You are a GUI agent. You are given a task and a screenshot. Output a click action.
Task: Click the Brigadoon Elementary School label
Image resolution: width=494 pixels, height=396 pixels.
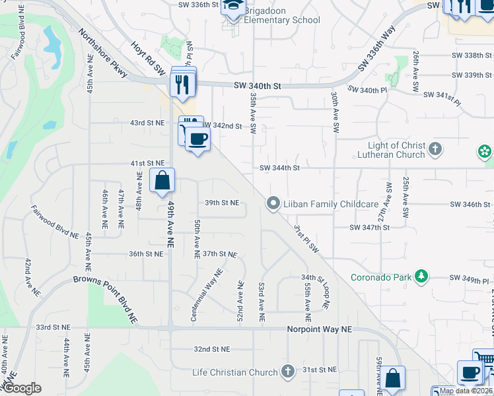(282, 15)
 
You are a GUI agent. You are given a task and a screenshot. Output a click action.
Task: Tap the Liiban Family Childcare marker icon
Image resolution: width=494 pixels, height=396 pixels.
(272, 204)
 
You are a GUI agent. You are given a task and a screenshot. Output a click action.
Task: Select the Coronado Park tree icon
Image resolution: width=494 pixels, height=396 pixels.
(419, 277)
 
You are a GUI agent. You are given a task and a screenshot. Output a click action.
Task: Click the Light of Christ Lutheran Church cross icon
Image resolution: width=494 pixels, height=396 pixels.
(435, 149)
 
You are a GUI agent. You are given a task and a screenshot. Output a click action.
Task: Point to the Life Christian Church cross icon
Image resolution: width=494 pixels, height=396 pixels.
(287, 372)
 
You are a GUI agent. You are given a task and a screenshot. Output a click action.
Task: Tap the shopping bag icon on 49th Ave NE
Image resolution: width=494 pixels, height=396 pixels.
(162, 181)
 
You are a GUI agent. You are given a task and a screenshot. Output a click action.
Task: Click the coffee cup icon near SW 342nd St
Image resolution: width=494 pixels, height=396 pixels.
(197, 139)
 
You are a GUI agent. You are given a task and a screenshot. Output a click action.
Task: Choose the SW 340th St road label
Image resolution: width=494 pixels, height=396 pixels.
(258, 86)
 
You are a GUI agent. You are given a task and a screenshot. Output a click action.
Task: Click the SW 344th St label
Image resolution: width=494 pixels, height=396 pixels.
(279, 168)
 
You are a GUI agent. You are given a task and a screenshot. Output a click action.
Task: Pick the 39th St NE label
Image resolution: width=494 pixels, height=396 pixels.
(221, 203)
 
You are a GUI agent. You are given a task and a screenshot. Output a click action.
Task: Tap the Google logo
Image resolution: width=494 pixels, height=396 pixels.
(22, 388)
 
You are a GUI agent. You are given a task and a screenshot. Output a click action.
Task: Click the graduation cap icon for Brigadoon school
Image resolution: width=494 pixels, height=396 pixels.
(232, 6)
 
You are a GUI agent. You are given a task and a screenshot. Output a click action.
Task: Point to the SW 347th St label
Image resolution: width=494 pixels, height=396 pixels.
(369, 227)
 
